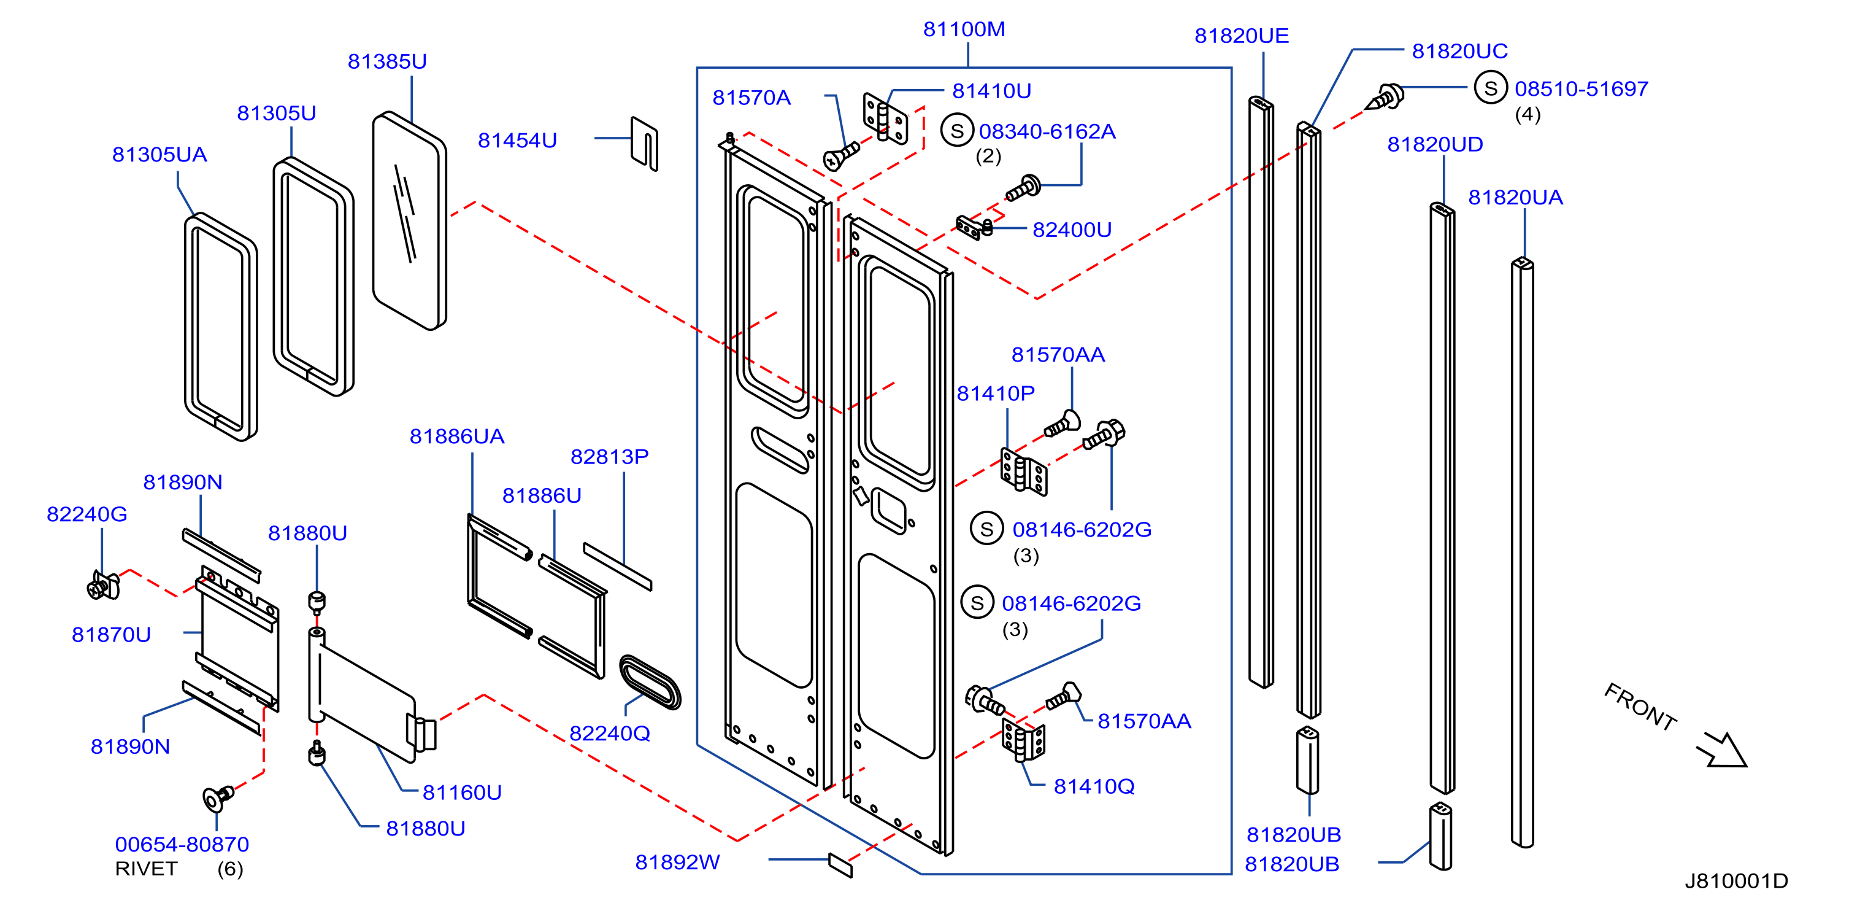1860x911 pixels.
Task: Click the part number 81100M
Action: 964,29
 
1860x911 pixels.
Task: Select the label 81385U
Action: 387,61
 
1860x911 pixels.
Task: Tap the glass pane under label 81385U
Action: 409,220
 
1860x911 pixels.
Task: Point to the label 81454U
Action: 517,140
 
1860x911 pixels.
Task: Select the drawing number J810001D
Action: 1736,881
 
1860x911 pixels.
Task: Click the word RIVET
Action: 146,869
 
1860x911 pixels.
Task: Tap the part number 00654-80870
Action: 182,844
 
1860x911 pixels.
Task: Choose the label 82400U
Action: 1072,230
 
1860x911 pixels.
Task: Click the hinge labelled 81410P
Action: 1023,471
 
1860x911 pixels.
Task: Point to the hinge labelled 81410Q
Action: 1023,739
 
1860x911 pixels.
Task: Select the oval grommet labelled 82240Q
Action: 650,682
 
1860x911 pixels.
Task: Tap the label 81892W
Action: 677,862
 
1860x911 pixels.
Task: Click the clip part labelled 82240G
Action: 103,585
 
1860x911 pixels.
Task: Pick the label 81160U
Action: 462,793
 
